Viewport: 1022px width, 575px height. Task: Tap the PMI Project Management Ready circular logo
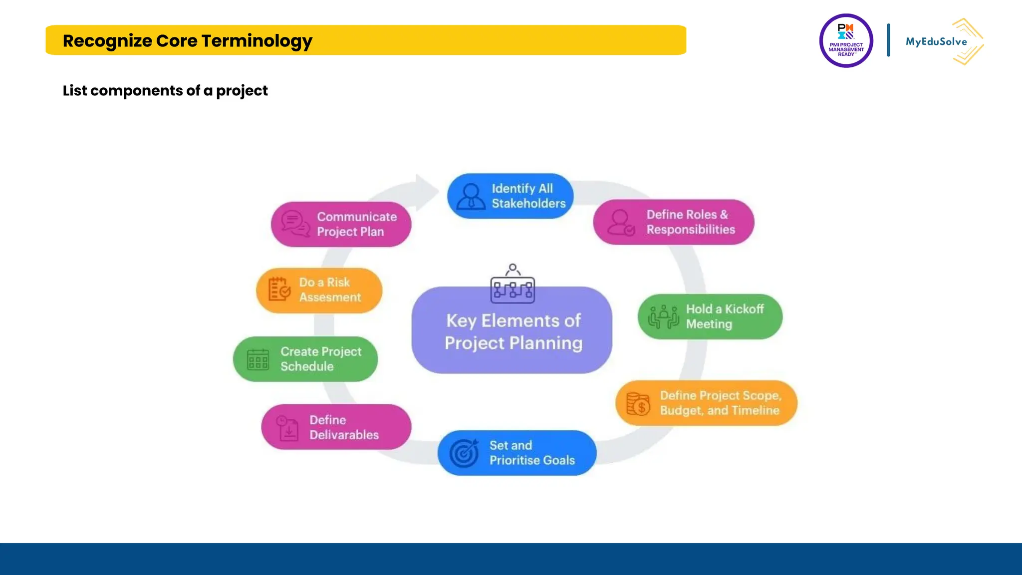coord(846,40)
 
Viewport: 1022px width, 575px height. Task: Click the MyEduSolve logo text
coord(936,42)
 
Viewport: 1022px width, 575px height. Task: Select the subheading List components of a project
coord(165,90)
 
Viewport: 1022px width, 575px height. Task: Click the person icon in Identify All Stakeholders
coord(471,196)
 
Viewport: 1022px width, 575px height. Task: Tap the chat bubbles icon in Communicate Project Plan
coord(295,224)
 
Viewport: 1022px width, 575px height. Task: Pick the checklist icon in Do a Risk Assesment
coord(279,289)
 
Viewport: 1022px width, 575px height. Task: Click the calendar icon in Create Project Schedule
coord(258,359)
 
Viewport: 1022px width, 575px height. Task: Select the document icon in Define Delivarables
coord(288,428)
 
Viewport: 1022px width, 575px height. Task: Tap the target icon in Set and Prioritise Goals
coord(464,453)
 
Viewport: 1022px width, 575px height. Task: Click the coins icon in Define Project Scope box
coord(638,404)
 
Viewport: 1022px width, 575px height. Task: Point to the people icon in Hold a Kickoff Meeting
coord(663,316)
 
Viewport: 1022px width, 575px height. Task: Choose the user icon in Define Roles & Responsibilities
coord(621,222)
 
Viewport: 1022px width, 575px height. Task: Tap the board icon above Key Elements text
coord(512,286)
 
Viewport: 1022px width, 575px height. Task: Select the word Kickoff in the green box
coord(744,309)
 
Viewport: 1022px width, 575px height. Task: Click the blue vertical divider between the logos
coord(888,40)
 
